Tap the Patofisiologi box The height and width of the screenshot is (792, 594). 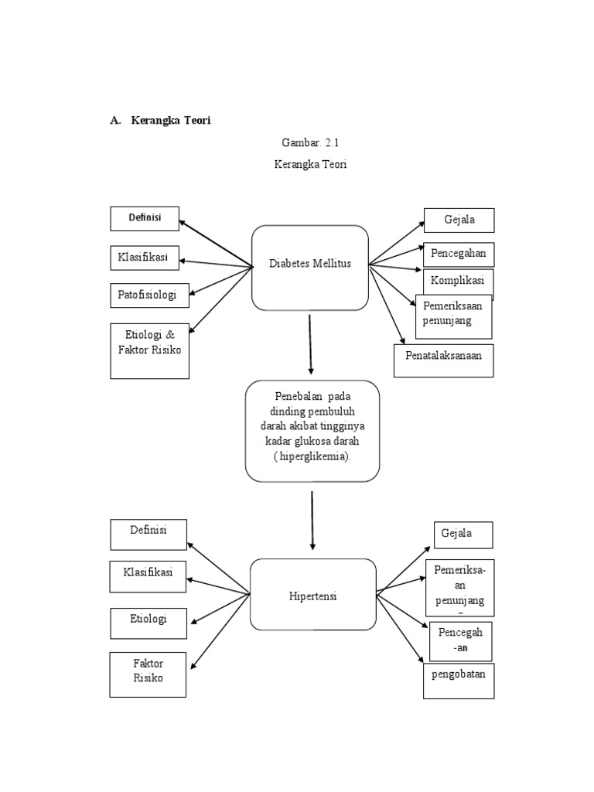148,295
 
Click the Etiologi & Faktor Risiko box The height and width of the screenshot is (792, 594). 149,350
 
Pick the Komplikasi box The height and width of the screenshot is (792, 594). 458,279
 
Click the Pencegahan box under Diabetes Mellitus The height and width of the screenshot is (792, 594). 459,254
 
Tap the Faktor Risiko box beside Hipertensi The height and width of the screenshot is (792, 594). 148,674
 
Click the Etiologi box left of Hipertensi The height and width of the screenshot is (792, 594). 148,623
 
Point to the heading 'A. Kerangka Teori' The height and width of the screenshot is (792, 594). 160,121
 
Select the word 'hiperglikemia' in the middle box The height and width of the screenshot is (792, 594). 312,456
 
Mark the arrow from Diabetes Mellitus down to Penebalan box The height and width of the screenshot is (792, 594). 310,343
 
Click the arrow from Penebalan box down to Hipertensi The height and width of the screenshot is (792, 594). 312,519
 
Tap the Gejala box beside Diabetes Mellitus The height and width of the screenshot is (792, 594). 459,220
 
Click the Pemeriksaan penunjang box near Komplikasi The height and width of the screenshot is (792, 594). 454,316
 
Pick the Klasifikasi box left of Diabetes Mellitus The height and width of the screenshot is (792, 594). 146,258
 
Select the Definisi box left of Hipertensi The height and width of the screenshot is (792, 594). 148,534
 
